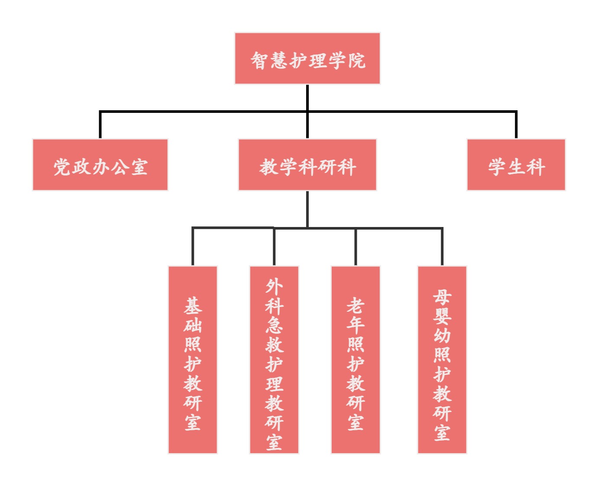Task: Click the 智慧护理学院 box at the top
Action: click(x=307, y=58)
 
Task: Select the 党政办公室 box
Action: click(x=100, y=165)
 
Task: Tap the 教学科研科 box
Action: click(x=307, y=165)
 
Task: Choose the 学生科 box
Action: click(x=516, y=165)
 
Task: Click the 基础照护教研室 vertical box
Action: click(x=193, y=360)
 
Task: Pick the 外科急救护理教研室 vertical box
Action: click(x=274, y=360)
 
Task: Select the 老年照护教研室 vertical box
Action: click(x=356, y=360)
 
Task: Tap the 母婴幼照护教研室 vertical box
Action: click(x=442, y=360)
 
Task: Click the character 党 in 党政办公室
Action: click(x=62, y=167)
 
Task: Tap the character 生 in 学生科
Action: click(x=516, y=167)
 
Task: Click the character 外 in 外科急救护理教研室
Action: click(x=274, y=286)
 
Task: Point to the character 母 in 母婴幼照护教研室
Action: click(x=442, y=297)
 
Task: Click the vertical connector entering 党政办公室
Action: click(x=100, y=125)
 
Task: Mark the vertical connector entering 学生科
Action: click(x=516, y=125)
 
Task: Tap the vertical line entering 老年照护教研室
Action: click(x=356, y=246)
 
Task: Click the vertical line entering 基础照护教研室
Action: click(x=193, y=246)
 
